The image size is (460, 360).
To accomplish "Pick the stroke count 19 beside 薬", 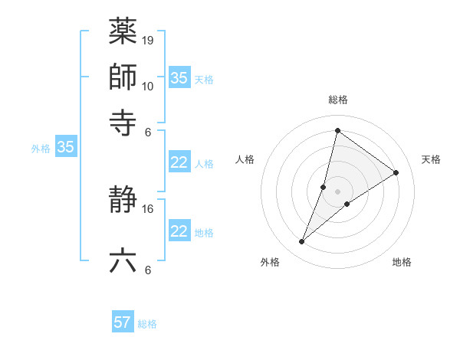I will tap(148, 40).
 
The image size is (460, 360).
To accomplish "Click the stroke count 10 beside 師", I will tap(148, 86).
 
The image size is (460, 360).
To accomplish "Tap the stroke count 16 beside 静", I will tap(148, 208).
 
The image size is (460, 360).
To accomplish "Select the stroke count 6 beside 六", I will tap(148, 270).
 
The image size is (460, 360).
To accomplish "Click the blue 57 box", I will tap(123, 322).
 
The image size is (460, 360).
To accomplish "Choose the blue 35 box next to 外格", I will tap(65, 148).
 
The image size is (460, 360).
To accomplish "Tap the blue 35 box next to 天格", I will tap(179, 78).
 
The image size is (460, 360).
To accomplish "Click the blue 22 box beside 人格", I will tap(179, 162).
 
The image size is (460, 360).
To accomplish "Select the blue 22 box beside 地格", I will tap(179, 231).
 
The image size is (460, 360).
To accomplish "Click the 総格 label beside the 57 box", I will tap(147, 324).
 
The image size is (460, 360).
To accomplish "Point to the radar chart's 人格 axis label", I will tap(245, 159).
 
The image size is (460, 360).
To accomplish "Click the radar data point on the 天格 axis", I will tap(396, 172).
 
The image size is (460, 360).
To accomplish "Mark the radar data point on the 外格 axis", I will tap(302, 242).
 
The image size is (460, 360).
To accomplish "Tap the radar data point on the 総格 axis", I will tap(337, 130).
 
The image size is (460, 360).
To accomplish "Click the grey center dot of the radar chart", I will tap(337, 191).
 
